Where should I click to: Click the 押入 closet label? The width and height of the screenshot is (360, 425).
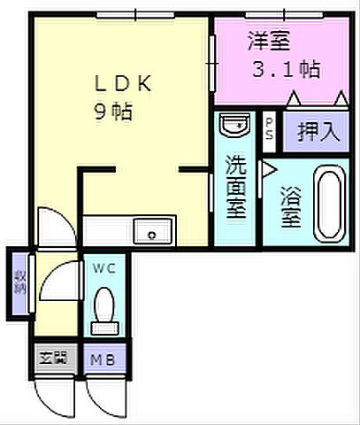318,132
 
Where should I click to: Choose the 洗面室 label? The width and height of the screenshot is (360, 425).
234,187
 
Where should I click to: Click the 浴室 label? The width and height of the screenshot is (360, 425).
289,205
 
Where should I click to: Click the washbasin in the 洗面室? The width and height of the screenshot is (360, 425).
234,127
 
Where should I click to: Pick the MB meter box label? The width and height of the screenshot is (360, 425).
105,359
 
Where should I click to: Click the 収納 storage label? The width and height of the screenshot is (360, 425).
19,282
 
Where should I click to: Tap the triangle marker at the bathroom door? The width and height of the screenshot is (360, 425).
268,168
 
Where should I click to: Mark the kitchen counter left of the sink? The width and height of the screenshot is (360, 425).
106,232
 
